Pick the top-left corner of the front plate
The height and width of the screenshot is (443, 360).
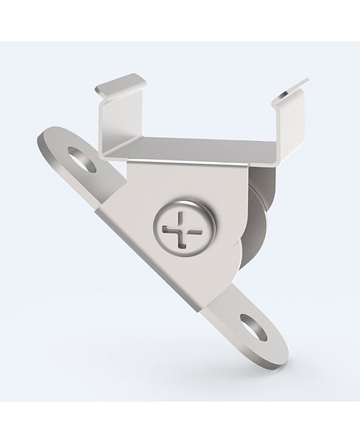coord(128,162)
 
